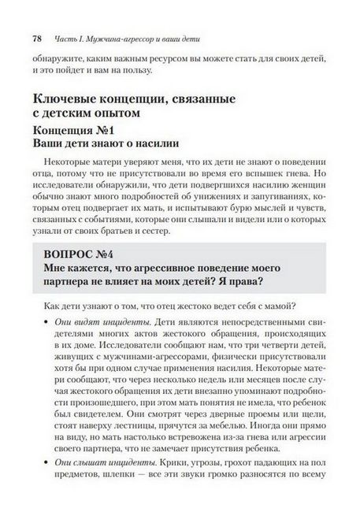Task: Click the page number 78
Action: point(37,38)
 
